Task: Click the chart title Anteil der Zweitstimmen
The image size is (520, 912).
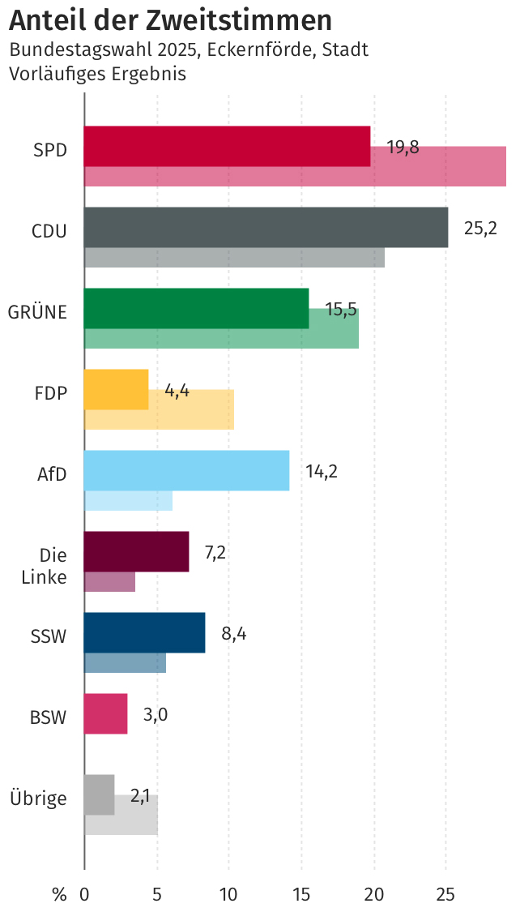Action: [x=170, y=19]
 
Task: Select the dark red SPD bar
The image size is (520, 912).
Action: [x=227, y=146]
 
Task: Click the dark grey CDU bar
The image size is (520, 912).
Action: [x=266, y=227]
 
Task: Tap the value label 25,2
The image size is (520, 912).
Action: [x=480, y=229]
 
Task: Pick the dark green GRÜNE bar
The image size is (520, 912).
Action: [x=196, y=308]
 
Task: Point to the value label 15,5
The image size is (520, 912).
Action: [x=341, y=310]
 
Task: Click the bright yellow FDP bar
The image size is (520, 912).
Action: [x=117, y=389]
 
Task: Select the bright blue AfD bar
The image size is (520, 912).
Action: [x=186, y=470]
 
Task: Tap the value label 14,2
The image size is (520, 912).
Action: [x=322, y=472]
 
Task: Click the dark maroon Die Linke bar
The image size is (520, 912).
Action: [x=136, y=551]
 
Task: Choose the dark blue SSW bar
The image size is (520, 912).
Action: [x=144, y=632]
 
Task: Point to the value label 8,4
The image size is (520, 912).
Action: [x=233, y=634]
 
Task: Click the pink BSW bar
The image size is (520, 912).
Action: [x=105, y=713]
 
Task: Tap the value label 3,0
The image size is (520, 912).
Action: [x=156, y=715]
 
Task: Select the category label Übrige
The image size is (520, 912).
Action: [x=37, y=799]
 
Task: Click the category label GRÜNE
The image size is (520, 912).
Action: [x=37, y=312]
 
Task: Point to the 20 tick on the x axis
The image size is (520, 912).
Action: [x=373, y=895]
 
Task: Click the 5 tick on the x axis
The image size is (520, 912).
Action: [x=156, y=895]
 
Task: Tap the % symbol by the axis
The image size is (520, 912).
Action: [x=59, y=895]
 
